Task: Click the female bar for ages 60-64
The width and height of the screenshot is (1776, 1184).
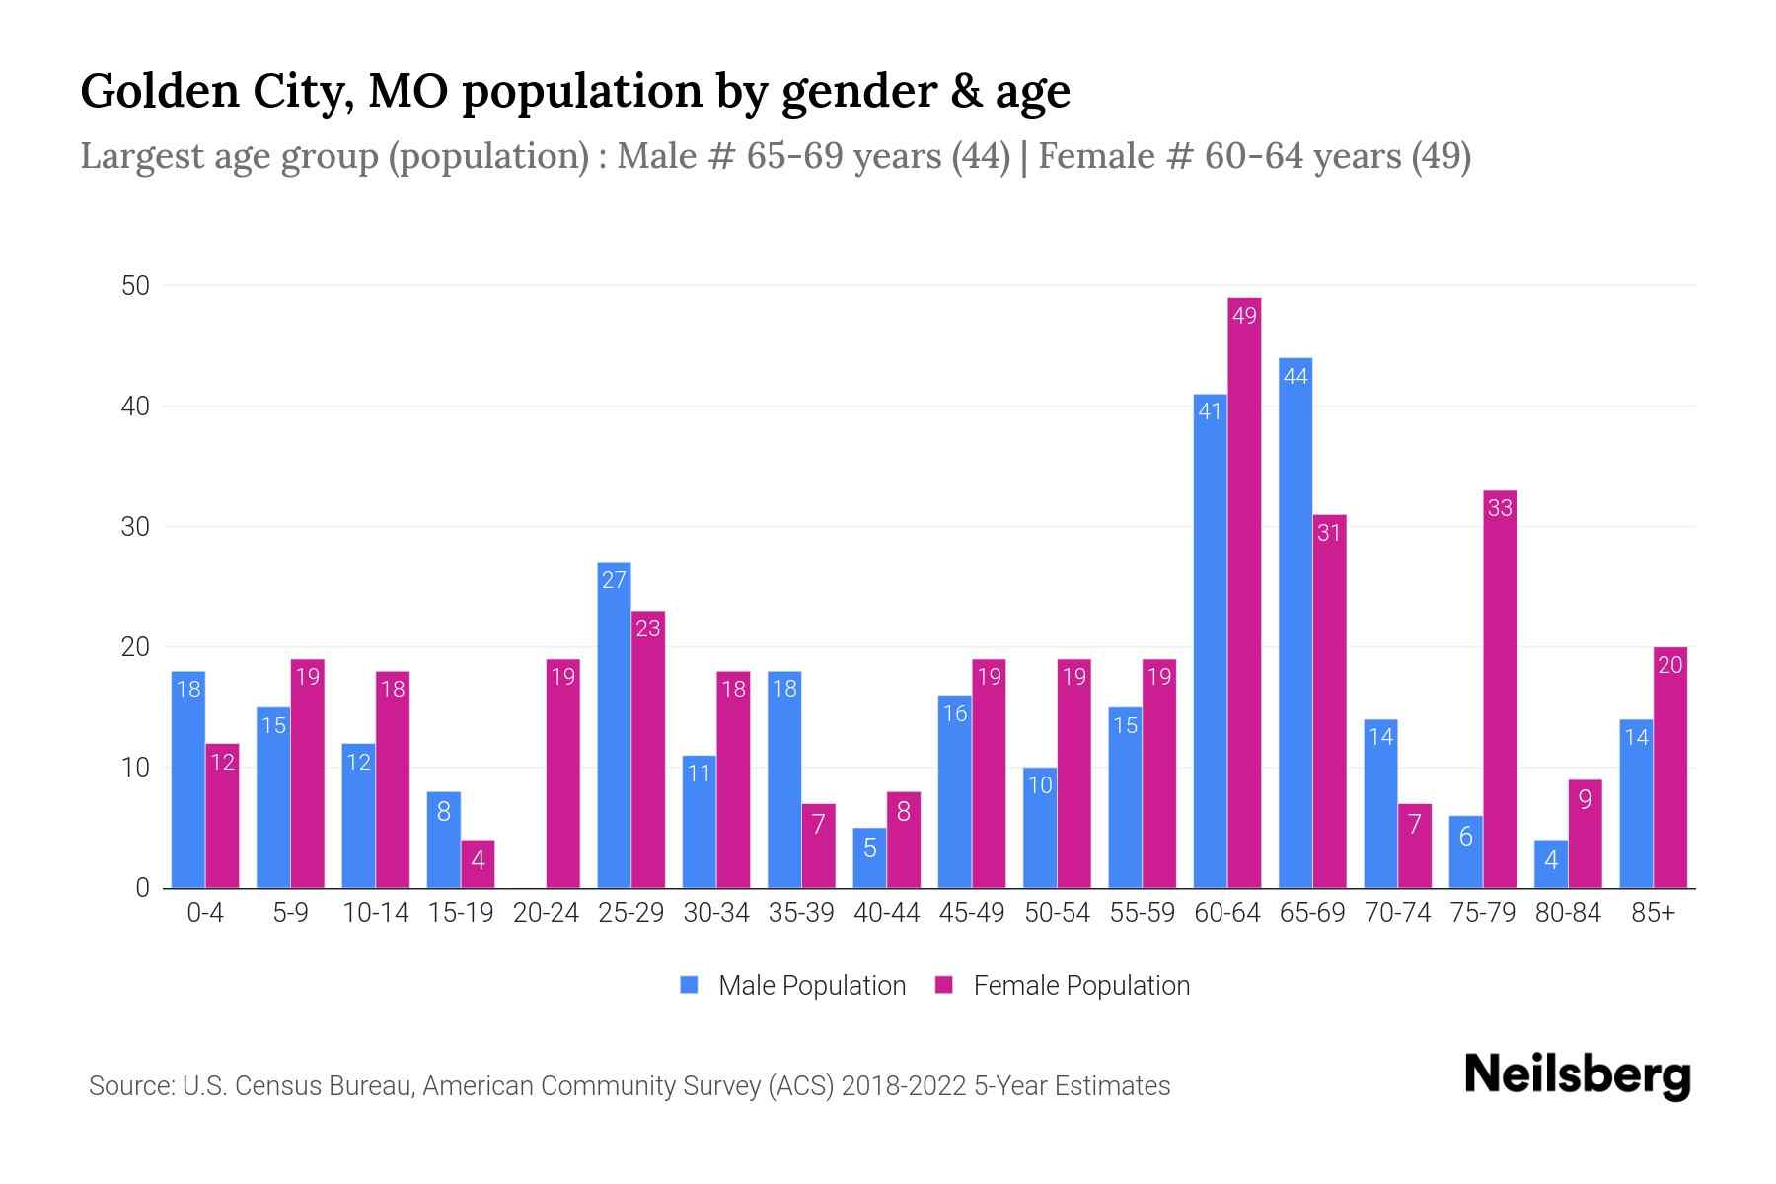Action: coord(1244,592)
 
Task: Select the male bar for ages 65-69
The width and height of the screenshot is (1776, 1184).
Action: coord(1295,623)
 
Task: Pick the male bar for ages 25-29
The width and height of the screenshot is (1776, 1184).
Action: coord(614,725)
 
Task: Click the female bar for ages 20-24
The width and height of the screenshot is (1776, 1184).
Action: coord(562,774)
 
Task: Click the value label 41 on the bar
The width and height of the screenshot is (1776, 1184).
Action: coord(1210,411)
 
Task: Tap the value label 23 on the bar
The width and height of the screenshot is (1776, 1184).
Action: coord(647,629)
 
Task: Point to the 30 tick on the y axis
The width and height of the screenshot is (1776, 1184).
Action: coord(135,527)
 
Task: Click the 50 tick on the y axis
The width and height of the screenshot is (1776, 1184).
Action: coord(135,286)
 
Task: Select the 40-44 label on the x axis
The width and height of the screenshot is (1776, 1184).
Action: coord(886,913)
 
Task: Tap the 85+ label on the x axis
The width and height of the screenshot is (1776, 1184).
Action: coord(1653,913)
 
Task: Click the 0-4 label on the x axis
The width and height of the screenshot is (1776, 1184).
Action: coord(205,913)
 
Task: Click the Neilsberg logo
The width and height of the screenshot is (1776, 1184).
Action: coord(1577,1075)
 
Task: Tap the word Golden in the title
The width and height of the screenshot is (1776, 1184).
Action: coord(161,91)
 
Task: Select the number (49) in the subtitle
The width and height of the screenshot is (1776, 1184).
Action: coord(1441,156)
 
